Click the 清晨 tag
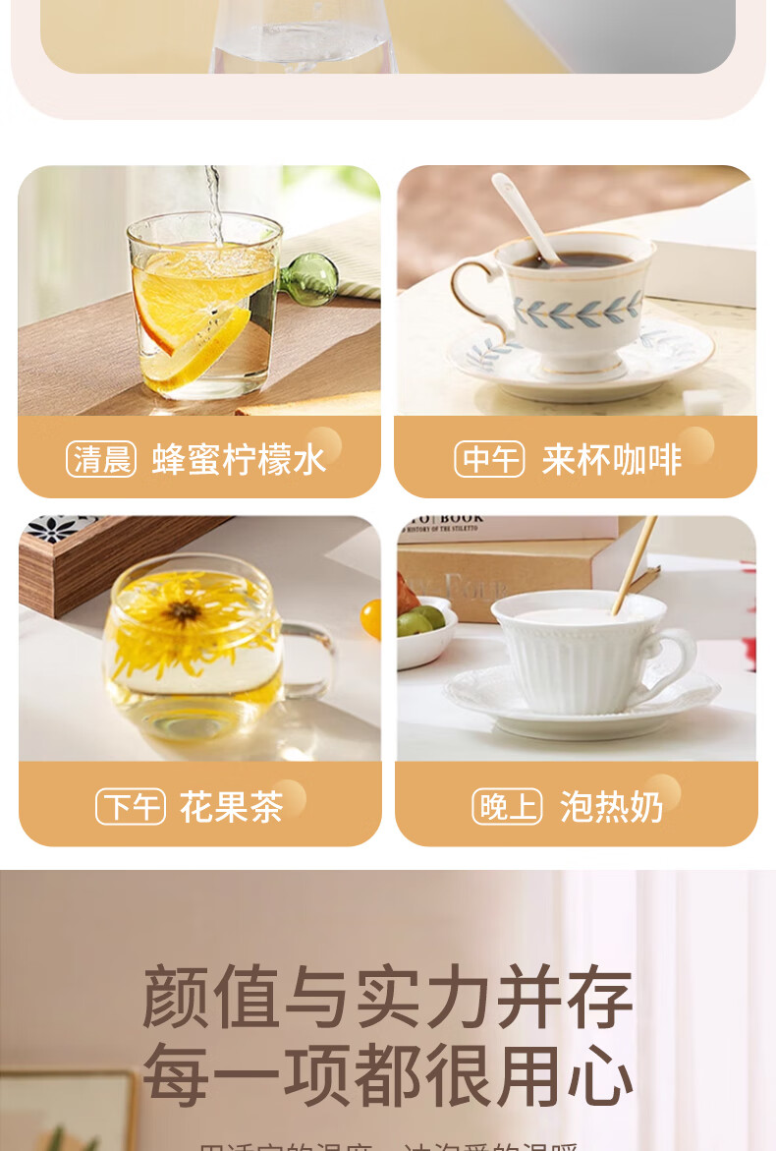tap(101, 459)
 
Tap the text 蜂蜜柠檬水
tap(239, 459)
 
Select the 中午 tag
tap(489, 459)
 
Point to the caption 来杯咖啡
tap(611, 459)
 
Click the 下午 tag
tap(131, 807)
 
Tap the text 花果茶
tap(231, 807)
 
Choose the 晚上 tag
tap(507, 807)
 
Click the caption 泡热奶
tap(611, 807)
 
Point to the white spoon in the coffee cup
tap(527, 216)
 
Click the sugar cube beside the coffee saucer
tap(703, 400)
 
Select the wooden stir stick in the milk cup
tap(634, 565)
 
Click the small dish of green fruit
tap(425, 629)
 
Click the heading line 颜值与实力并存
tap(388, 996)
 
